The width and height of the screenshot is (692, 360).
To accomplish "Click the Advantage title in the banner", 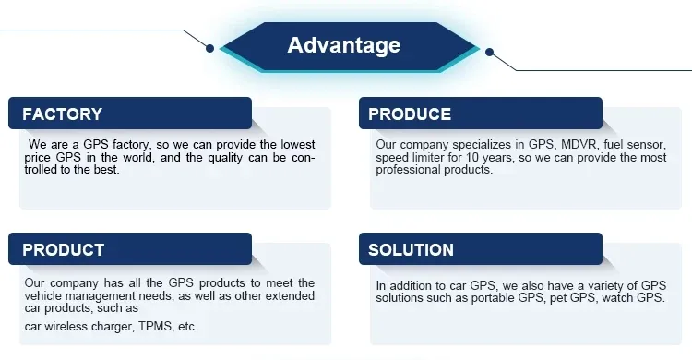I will click(343, 45).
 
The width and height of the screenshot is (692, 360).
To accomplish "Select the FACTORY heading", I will click(62, 114).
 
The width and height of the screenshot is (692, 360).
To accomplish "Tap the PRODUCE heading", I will click(410, 114).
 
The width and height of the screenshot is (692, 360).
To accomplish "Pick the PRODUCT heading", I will click(63, 250).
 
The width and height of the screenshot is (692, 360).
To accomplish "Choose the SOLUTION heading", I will click(411, 250).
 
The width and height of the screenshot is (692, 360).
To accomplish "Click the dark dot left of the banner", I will click(210, 47).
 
